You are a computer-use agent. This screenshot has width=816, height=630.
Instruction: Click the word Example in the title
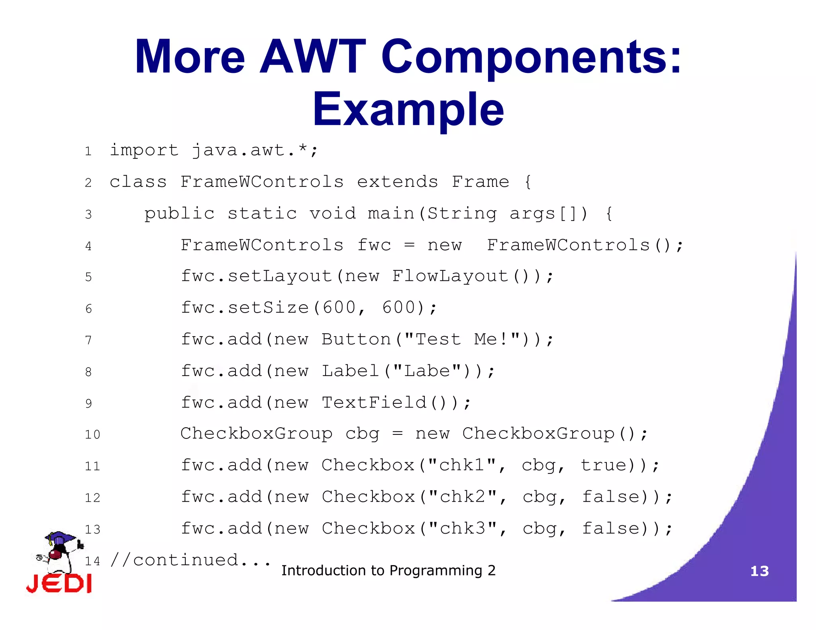(408, 109)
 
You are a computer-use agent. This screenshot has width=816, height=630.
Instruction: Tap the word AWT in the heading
(313, 57)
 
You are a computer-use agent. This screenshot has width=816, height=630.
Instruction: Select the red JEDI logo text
(59, 584)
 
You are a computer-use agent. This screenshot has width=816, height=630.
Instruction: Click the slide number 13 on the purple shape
(759, 571)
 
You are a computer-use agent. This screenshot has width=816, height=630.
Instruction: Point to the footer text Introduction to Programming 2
(388, 571)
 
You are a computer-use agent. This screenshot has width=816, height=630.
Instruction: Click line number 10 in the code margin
(92, 434)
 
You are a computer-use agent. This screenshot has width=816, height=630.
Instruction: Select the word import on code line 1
(144, 151)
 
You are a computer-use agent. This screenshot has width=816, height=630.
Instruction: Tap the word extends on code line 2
(397, 182)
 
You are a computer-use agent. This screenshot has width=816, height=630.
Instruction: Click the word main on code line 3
(391, 213)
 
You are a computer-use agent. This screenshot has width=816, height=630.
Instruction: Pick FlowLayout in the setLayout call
(450, 276)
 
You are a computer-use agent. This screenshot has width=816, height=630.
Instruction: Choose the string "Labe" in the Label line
(427, 371)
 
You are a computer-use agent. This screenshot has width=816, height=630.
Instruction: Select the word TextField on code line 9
(374, 403)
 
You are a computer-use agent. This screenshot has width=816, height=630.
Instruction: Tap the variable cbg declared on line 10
(362, 434)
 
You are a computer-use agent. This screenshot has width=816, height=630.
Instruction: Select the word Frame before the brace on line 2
(480, 182)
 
